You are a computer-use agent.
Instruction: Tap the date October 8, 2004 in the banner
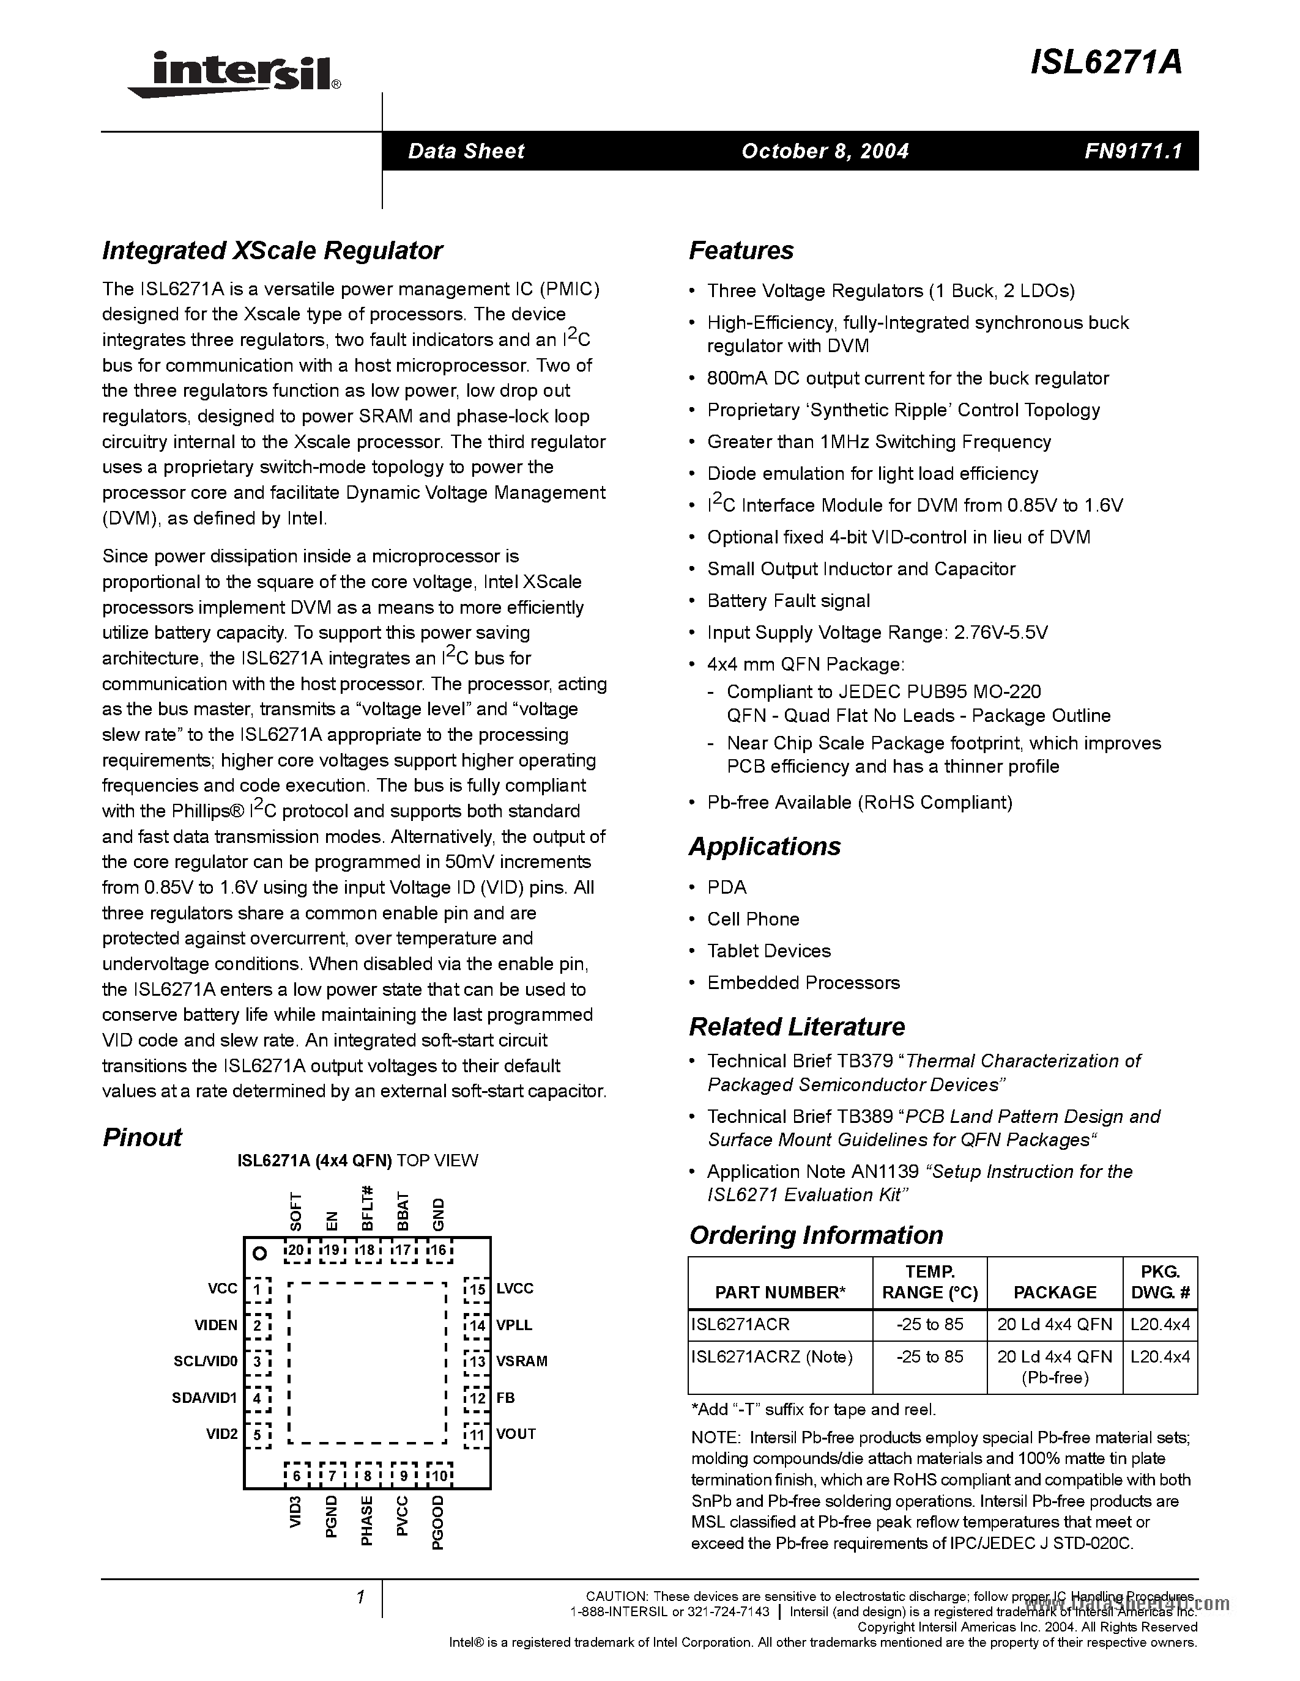[825, 151]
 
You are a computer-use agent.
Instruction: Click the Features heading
[741, 251]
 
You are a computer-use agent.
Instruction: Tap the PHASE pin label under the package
[367, 1520]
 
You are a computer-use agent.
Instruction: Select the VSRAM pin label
[521, 1361]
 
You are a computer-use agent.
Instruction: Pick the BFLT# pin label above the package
[367, 1208]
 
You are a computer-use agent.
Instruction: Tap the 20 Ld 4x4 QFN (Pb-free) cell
[1054, 1366]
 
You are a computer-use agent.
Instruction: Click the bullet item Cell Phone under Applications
[753, 919]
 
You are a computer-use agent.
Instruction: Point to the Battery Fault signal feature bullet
[789, 600]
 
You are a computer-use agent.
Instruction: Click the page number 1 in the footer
[360, 1598]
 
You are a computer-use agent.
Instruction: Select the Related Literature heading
[797, 1027]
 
